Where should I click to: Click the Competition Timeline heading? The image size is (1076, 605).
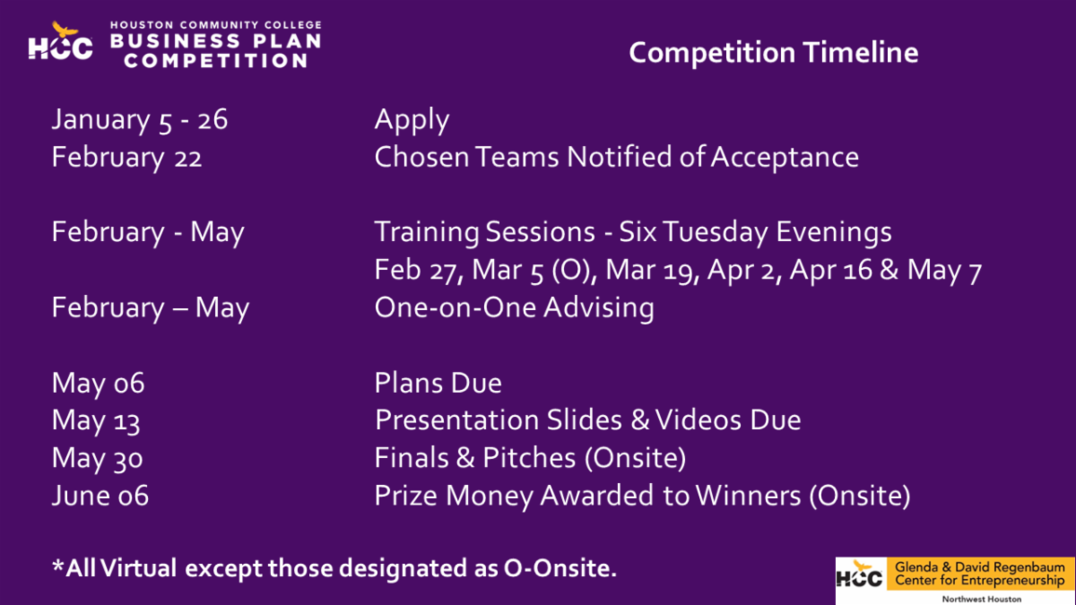pos(773,52)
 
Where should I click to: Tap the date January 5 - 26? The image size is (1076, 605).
pos(140,120)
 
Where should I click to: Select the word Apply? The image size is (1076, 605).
pos(412,120)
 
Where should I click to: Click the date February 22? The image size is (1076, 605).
pos(126,158)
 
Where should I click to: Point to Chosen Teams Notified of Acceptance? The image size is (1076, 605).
pos(616,157)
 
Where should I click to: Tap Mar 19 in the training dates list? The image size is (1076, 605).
pos(648,270)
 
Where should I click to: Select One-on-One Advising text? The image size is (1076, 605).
pos(514,307)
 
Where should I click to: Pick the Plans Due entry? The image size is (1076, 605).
pos(438,384)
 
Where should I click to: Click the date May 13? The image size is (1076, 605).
pos(96,421)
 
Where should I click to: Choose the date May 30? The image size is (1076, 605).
pos(97,459)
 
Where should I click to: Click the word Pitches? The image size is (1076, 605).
pos(529,458)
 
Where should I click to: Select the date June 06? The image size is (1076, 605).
pos(100,496)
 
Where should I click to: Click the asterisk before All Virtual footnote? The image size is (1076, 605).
pos(58,565)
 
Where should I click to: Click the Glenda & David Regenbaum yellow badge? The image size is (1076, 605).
pos(980,574)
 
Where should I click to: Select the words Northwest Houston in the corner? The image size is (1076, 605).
pos(982,599)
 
